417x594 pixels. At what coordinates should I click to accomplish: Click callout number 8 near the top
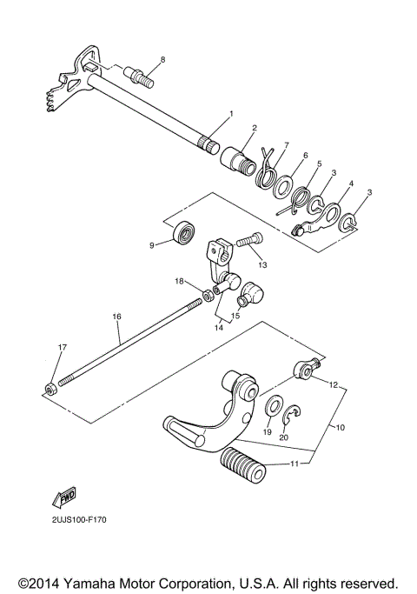click(161, 59)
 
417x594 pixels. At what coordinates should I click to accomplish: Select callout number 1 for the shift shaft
click(231, 114)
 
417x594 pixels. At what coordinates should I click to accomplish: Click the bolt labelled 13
click(248, 238)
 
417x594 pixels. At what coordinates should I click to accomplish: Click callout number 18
click(179, 281)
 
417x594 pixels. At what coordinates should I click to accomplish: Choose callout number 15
click(236, 316)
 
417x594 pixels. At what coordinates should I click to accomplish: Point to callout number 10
click(341, 428)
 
